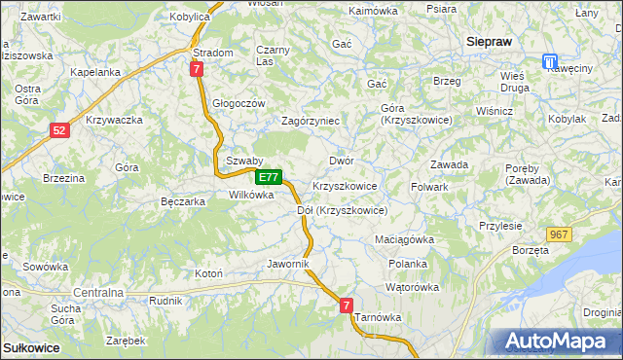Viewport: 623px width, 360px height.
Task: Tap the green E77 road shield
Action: click(x=270, y=178)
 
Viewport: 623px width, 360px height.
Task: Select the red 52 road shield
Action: click(x=60, y=129)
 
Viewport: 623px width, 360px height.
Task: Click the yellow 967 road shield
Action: click(x=558, y=234)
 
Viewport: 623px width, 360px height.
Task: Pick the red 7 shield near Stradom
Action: click(x=197, y=69)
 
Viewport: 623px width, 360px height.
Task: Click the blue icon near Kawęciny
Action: click(x=551, y=61)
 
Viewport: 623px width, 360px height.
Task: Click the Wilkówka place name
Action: click(x=251, y=195)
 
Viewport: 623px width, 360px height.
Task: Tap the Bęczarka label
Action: click(x=182, y=202)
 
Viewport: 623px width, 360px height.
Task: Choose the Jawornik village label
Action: click(x=287, y=264)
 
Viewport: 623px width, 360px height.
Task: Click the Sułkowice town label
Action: click(x=31, y=347)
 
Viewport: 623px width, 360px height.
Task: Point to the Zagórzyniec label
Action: click(x=310, y=122)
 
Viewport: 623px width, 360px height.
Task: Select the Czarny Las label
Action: click(x=273, y=55)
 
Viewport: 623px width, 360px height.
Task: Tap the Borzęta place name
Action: click(x=531, y=250)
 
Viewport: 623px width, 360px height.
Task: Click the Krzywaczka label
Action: click(x=115, y=120)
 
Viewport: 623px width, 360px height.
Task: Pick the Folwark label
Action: click(x=429, y=186)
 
